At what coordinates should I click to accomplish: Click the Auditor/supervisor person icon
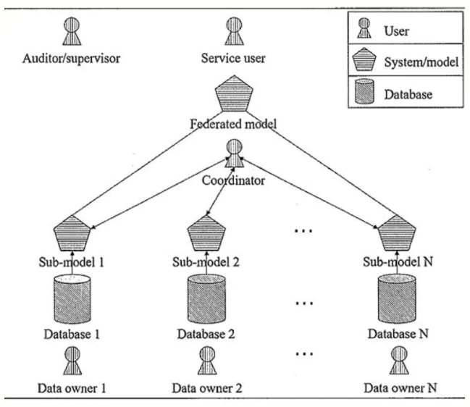point(72,31)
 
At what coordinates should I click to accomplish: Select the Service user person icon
point(234,31)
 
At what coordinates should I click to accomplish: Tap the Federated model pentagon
point(234,93)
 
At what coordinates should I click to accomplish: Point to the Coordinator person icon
point(234,153)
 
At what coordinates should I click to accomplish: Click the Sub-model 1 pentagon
point(72,233)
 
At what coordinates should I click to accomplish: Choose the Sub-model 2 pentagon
point(206,233)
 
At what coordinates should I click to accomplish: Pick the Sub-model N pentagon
point(397,233)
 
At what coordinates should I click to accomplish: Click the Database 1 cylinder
point(72,299)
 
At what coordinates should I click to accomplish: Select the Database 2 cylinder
point(206,299)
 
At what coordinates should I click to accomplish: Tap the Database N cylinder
point(397,299)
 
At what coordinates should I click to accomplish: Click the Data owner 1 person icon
point(72,361)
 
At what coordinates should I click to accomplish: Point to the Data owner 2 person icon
point(207,361)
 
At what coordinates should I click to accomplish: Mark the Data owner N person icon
point(399,361)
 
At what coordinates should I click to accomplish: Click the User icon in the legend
point(364,28)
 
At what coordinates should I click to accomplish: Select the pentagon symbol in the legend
point(364,59)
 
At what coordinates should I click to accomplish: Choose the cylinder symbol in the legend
point(364,91)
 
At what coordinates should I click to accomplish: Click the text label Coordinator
point(233,180)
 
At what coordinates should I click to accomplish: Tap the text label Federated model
point(233,124)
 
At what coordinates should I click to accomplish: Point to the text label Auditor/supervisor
point(72,59)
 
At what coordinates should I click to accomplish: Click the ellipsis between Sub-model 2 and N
point(303,231)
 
